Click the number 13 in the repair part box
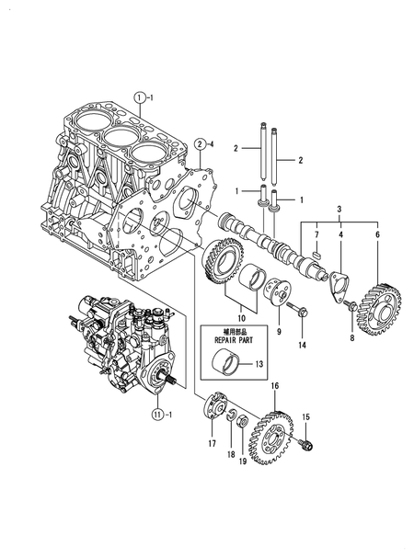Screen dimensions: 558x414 [259, 364]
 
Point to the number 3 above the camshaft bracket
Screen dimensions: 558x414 [339, 210]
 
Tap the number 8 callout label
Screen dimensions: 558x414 [351, 338]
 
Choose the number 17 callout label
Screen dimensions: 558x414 [211, 443]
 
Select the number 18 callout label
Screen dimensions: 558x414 [230, 453]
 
